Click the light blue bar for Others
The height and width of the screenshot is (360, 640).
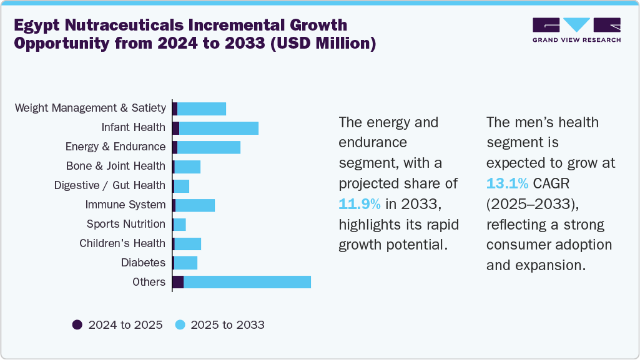pyautogui.click(x=247, y=282)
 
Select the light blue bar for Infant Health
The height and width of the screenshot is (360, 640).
pyautogui.click(x=219, y=128)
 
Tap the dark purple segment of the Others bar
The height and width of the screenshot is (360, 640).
pyautogui.click(x=178, y=282)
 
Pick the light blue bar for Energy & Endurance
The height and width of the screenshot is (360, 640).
pyautogui.click(x=209, y=147)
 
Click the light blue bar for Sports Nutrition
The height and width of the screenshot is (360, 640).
pyautogui.click(x=180, y=224)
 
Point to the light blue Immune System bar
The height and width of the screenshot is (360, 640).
pyautogui.click(x=195, y=205)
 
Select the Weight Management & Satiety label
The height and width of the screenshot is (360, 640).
pyautogui.click(x=91, y=109)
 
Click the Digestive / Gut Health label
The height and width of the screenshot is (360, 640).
pyautogui.click(x=110, y=185)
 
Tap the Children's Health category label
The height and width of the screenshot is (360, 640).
pyautogui.click(x=122, y=243)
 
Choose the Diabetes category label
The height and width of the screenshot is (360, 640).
pyautogui.click(x=143, y=263)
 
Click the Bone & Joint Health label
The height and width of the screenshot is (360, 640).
pyautogui.click(x=116, y=166)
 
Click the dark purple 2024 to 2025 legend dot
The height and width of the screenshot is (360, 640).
pyautogui.click(x=77, y=324)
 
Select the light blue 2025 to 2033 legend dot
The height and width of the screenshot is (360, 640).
pyautogui.click(x=180, y=324)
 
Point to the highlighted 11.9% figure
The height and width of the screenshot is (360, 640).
pyautogui.click(x=359, y=204)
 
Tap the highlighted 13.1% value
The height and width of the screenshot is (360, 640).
pyautogui.click(x=507, y=183)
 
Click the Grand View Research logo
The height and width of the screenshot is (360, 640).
pyautogui.click(x=576, y=30)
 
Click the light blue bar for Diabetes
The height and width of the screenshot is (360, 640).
pyautogui.click(x=185, y=263)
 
